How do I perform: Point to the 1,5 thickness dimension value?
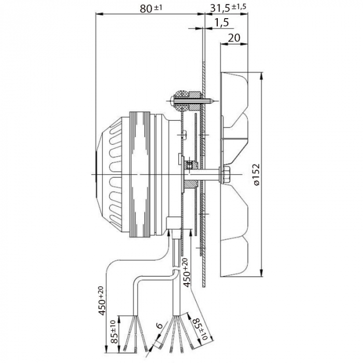221,23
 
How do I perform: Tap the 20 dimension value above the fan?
234,38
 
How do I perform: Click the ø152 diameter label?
256,175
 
